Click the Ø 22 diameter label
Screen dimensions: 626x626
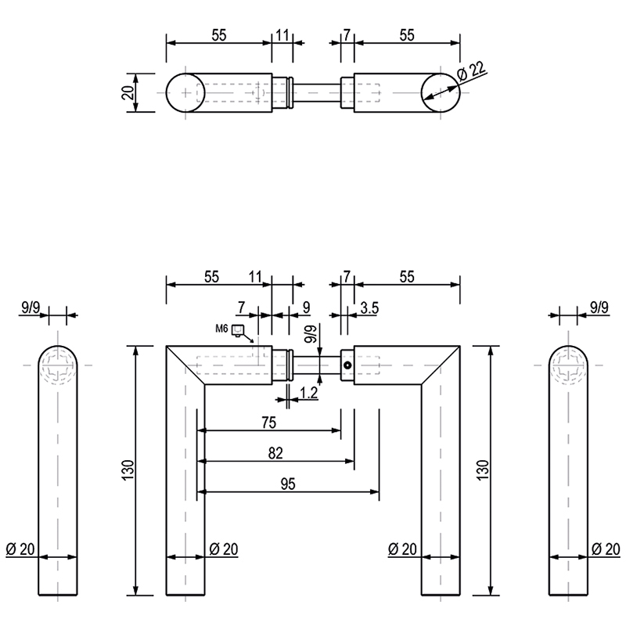click(x=472, y=70)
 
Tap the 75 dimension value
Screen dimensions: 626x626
click(x=269, y=423)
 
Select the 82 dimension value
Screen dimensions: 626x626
click(x=275, y=453)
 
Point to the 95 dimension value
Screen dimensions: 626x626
click(x=288, y=484)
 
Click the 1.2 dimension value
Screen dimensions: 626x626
click(x=308, y=394)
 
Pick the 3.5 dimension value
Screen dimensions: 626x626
click(x=369, y=308)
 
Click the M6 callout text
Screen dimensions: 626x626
click(x=221, y=329)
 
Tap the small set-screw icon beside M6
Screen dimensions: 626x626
click(x=238, y=330)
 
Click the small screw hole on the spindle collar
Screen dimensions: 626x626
click(x=347, y=365)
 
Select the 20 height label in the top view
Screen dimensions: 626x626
click(x=128, y=92)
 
